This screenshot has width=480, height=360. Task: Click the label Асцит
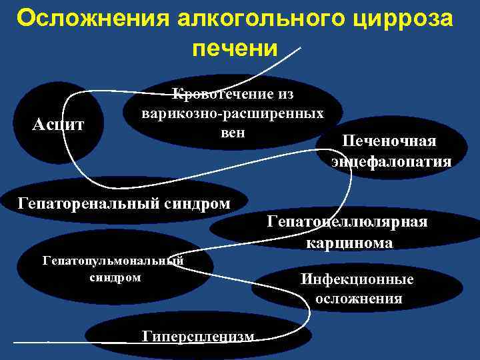(59, 124)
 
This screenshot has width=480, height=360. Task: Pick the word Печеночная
(389, 141)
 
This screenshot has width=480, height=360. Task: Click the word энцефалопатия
(391, 161)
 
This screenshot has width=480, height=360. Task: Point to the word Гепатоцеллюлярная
(347, 222)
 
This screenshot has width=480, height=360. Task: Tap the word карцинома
(349, 243)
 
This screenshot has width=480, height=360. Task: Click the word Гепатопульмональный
(113, 261)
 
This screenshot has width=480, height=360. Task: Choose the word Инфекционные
(357, 279)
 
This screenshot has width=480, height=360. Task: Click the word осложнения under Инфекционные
(359, 299)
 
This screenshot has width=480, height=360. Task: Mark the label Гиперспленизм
(199, 336)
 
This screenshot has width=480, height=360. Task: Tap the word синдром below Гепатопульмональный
(115, 277)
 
